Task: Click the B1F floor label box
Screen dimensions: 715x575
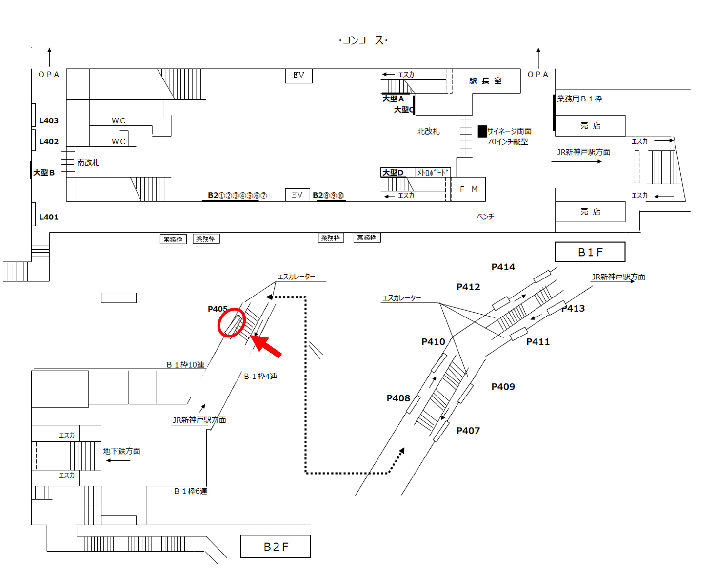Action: coord(590,252)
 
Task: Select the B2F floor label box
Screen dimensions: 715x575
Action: coord(276,546)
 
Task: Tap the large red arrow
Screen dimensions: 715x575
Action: coord(266,346)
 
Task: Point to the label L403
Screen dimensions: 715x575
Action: coord(49,120)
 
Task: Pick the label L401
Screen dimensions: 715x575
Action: coord(49,217)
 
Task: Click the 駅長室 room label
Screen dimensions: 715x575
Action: coord(485,81)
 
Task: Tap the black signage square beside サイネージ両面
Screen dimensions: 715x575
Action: coord(482,131)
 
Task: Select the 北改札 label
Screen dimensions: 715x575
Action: coord(429,131)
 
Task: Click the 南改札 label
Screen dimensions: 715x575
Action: coord(88,162)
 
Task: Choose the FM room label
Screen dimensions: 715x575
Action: coord(469,189)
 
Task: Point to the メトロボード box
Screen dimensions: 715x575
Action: coord(433,172)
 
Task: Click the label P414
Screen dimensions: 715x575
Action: coord(503,267)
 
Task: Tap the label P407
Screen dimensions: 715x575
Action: coord(468,431)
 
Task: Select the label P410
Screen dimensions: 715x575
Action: coord(433,342)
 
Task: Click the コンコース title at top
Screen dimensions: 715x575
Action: coord(363,40)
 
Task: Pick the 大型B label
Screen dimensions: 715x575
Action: coord(44,173)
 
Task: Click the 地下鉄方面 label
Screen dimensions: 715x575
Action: coord(121,451)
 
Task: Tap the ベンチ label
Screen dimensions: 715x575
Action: coord(485,217)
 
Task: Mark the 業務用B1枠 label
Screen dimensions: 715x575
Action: coord(579,99)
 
